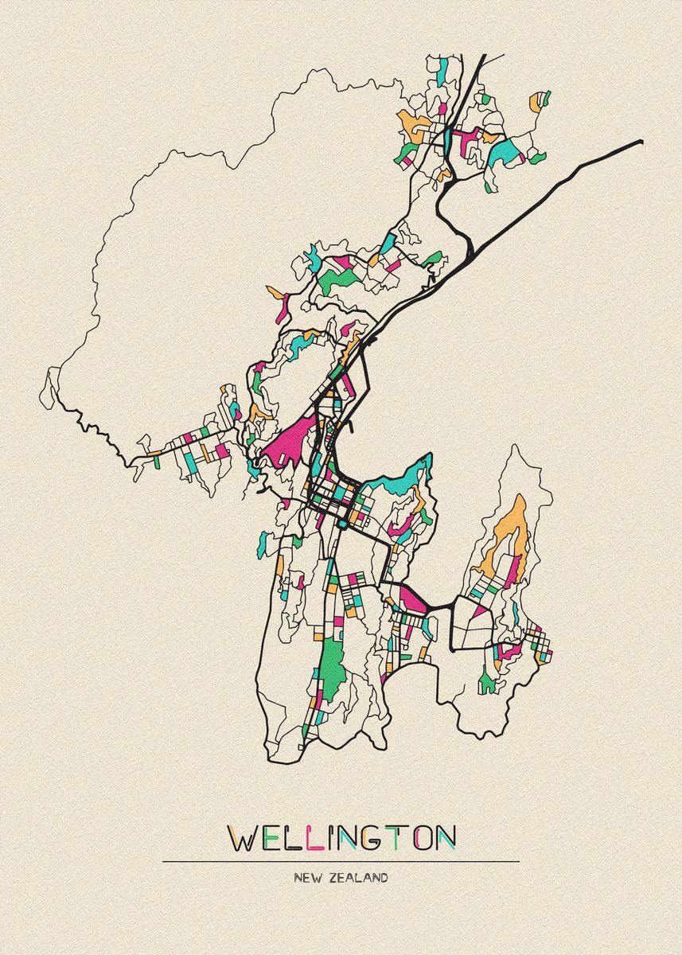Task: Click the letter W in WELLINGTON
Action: point(244,837)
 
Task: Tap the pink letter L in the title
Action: point(316,837)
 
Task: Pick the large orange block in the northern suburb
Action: point(414,123)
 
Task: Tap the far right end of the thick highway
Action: point(640,142)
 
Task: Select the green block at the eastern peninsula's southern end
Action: point(486,681)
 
